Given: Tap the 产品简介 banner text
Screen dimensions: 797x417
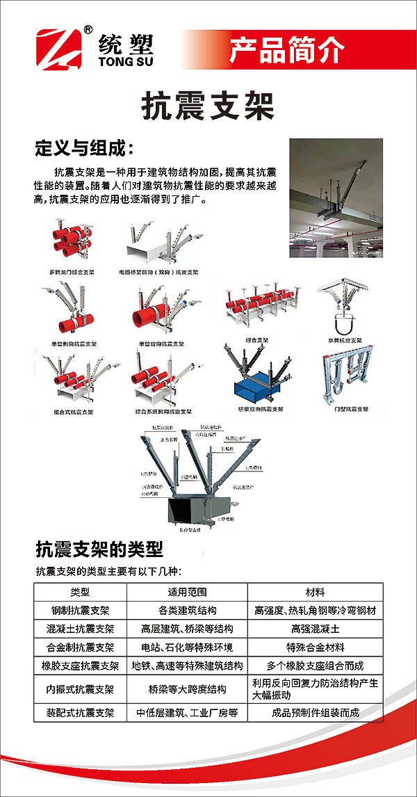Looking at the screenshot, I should pos(286,49).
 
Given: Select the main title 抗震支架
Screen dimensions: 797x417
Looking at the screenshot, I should pos(208,106).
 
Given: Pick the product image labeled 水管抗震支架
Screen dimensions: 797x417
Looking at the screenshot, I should pos(345,307).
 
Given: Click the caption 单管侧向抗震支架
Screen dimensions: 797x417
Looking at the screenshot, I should pos(74,344).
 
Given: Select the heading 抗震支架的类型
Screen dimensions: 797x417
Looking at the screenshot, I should pos(99,550).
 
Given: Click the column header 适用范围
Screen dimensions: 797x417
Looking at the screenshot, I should pos(187,593).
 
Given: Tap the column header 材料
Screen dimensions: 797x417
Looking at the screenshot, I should pos(315,593).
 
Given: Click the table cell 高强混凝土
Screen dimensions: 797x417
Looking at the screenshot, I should pos(315,629).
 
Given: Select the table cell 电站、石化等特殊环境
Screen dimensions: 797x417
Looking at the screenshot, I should pos(187,647).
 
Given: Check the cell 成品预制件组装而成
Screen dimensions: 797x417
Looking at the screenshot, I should pos(315,712).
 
